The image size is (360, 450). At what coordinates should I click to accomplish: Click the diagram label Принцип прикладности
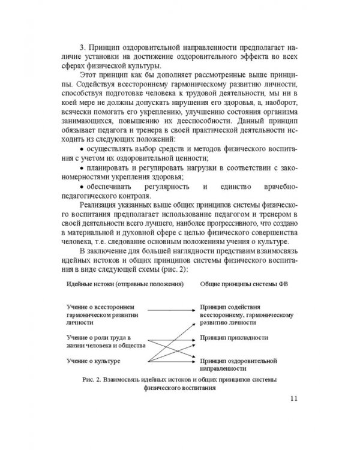pos(235,338)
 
